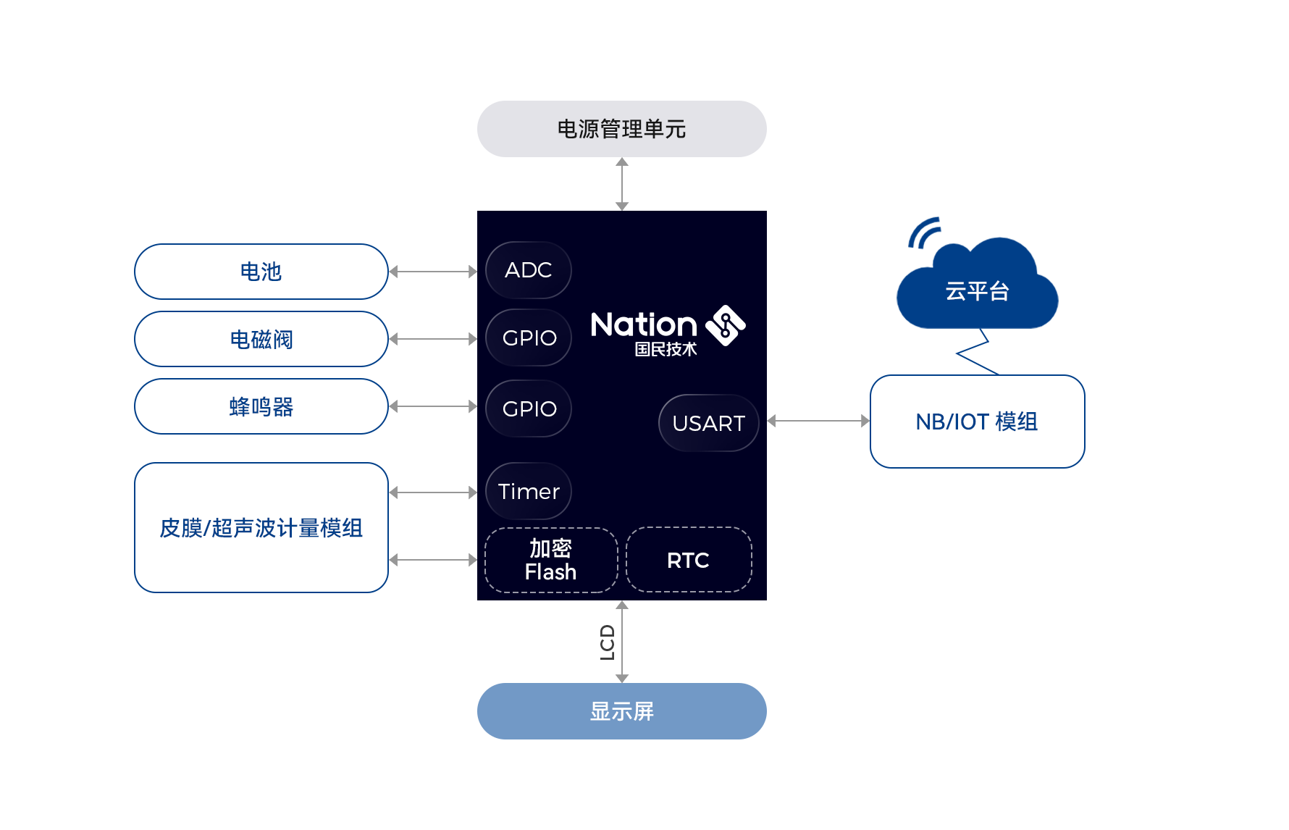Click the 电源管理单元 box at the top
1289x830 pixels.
click(x=621, y=129)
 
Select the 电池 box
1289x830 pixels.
click(x=261, y=272)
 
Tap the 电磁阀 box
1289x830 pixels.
click(x=261, y=339)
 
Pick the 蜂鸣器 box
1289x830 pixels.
click(x=261, y=406)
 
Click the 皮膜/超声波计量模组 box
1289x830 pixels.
click(x=261, y=527)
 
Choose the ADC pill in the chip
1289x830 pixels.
click(x=529, y=270)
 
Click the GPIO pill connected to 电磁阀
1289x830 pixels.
click(x=529, y=338)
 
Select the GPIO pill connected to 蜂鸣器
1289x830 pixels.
click(x=529, y=408)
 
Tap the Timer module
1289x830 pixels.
click(x=529, y=491)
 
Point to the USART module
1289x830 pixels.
click(x=708, y=423)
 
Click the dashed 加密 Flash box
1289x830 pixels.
click(x=551, y=560)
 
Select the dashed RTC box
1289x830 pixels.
click(x=689, y=560)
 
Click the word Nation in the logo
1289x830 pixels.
click(x=644, y=324)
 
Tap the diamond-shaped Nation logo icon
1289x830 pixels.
click(x=726, y=326)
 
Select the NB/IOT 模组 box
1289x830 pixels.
click(x=978, y=422)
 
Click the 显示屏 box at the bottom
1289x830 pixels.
click(x=621, y=711)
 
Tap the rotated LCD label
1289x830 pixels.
click(x=607, y=642)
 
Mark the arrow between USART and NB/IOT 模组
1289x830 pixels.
click(x=818, y=421)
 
